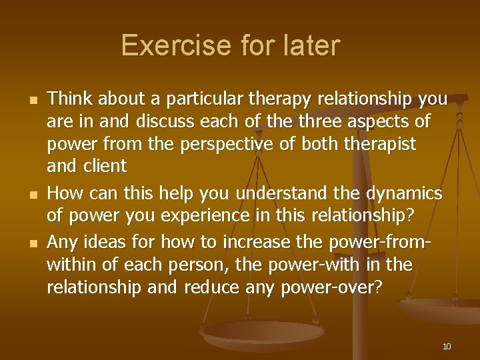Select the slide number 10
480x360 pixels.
pos(447,346)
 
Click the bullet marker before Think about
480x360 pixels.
pos(31,101)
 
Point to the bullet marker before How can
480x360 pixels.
pos(31,195)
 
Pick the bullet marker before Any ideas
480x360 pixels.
pos(31,243)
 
